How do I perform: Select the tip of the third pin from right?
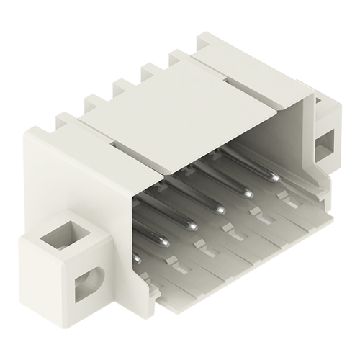pos(220,210)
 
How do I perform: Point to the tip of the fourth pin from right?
pos(193,226)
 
